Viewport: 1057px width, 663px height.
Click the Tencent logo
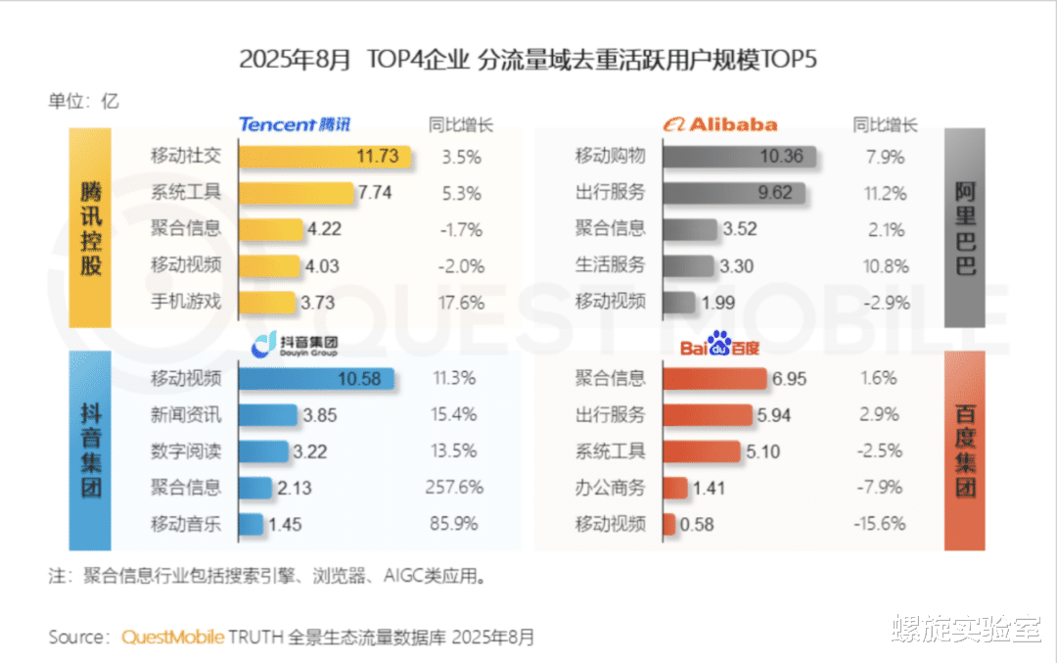pos(295,124)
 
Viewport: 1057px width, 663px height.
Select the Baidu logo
pos(720,346)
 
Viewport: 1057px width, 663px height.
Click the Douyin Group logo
pos(295,345)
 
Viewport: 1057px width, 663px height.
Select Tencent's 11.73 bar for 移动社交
pos(324,156)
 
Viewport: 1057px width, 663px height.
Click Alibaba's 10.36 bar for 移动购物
pos(744,156)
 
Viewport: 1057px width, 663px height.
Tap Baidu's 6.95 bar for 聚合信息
pos(714,379)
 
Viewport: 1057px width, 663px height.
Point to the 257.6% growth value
pos(455,487)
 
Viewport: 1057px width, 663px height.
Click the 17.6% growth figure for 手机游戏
pos(456,303)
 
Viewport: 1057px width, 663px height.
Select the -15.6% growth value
pos(878,524)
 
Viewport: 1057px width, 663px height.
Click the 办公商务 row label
pos(611,487)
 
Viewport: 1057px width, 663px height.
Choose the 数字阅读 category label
pos(186,450)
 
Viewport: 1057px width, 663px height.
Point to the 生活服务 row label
pos(611,264)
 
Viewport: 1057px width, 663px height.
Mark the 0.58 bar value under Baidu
pos(697,525)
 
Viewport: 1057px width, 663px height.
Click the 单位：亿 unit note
pos(83,100)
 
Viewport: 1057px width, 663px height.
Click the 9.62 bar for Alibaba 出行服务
pos(734,192)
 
